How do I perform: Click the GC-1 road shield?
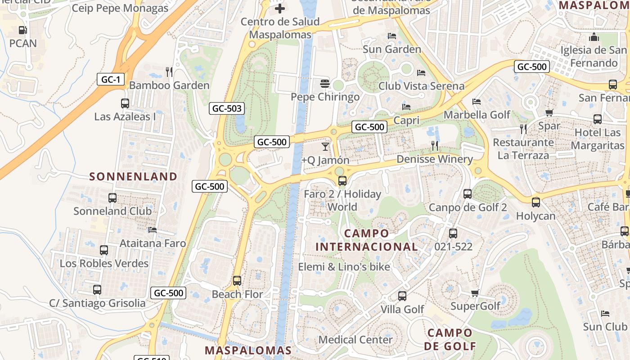[x=111, y=80]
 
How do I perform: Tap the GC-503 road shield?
[x=227, y=108]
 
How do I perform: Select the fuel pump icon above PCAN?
[x=22, y=30]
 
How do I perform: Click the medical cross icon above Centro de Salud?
[x=280, y=8]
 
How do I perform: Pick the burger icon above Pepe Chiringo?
[x=325, y=83]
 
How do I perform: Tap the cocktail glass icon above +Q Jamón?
[x=325, y=146]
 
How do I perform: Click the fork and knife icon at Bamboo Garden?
[x=169, y=72]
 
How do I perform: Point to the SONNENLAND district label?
[x=133, y=176]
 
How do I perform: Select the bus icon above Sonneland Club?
[x=112, y=198]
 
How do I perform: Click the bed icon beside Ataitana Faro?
[x=153, y=230]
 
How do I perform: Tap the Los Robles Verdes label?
[x=104, y=263]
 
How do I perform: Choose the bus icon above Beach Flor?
[x=237, y=281]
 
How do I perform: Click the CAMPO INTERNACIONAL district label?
[x=367, y=240]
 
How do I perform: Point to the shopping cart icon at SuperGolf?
[x=475, y=293]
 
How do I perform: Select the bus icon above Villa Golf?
[x=402, y=296]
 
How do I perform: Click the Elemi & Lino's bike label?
[x=344, y=267]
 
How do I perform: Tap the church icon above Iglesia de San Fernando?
[x=594, y=37]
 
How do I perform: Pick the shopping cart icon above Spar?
[x=549, y=112]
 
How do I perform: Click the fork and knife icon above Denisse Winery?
[x=435, y=145]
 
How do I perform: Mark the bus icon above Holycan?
[x=535, y=202]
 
